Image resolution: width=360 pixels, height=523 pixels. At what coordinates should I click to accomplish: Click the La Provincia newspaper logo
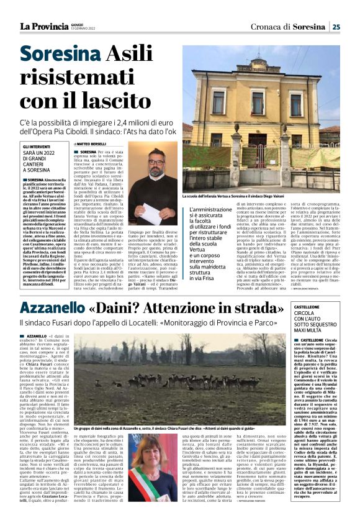tap(43, 26)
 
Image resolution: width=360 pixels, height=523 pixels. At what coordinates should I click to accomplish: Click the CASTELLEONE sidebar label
tap(310, 308)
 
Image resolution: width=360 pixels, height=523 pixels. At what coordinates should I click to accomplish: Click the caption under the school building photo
tap(261, 197)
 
